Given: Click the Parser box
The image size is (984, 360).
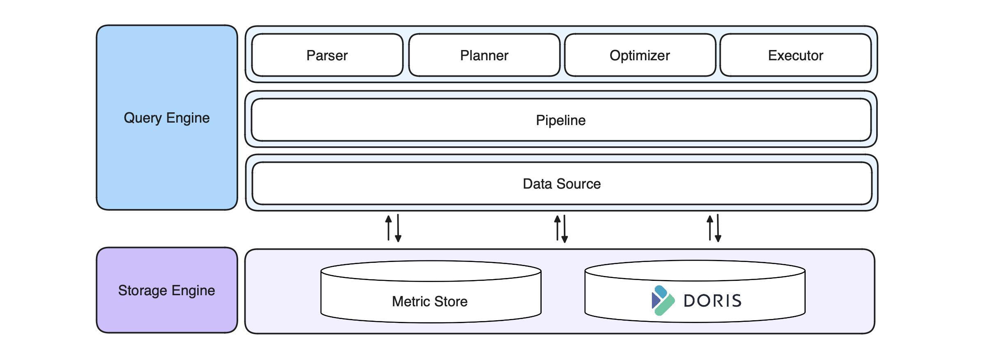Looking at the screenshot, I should tap(327, 55).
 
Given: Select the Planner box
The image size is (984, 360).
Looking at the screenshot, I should tap(484, 55).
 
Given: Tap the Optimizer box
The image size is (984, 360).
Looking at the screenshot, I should tap(640, 55).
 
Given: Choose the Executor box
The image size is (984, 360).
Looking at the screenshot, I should tap(795, 55).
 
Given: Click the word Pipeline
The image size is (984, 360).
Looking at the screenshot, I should tap(560, 120).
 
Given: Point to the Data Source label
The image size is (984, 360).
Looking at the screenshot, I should tap(561, 184).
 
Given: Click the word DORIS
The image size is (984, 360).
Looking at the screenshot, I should tap(713, 301).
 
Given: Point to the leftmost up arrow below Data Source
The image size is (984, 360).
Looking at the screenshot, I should tap(388, 228).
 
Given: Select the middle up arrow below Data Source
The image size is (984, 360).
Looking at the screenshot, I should tap(557, 228).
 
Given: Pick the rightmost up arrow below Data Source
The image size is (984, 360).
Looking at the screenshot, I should tap(710, 228).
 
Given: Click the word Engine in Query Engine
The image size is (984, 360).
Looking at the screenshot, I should tap(188, 118).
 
